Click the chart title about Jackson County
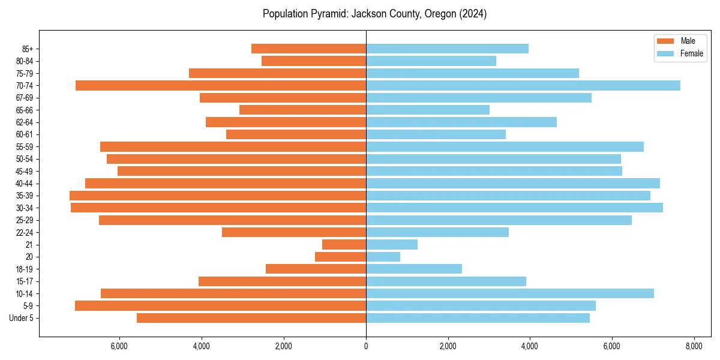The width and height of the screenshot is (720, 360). tap(374, 14)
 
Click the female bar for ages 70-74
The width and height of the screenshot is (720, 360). tap(523, 85)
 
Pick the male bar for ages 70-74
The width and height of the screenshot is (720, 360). tap(221, 85)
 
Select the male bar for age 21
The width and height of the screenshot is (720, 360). tap(344, 244)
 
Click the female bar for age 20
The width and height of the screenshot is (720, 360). tap(383, 257)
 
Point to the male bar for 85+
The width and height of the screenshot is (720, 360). tap(308, 49)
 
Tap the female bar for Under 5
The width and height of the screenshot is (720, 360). tap(478, 318)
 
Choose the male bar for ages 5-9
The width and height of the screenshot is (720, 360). tap(220, 305)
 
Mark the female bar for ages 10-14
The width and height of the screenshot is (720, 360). tap(510, 293)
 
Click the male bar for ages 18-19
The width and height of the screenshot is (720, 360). tap(316, 269)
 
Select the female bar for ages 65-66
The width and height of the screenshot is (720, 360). tap(428, 110)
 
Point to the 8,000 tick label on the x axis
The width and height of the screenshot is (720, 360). tap(694, 347)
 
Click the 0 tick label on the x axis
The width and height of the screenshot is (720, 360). tap(366, 347)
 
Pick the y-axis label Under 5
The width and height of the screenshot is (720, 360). tap(22, 318)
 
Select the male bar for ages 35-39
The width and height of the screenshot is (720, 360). tap(218, 196)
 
